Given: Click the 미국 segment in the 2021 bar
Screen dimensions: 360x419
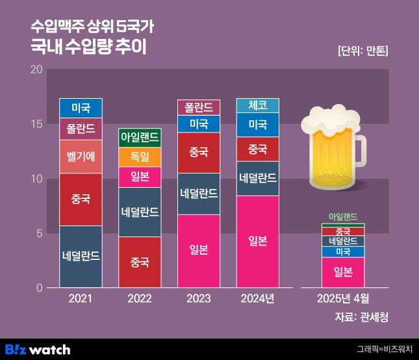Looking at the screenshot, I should pos(81,108).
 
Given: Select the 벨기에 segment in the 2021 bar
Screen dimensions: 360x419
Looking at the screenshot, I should pos(81,157).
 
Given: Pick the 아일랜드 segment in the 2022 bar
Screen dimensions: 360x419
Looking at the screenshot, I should pos(140,138).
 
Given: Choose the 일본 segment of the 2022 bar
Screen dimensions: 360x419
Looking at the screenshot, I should pos(140,177).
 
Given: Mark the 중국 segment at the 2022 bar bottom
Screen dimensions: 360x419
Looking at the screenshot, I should pos(140,263).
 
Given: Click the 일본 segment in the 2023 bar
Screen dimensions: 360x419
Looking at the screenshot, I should pos(199,250).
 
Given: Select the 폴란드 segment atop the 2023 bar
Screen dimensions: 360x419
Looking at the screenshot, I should pos(199,107).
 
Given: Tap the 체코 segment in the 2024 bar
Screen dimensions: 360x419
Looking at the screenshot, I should pos(258,105).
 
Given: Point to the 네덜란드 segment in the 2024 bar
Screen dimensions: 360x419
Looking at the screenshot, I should pos(258,178).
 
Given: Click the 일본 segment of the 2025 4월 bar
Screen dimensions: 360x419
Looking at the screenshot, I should pos(342,272).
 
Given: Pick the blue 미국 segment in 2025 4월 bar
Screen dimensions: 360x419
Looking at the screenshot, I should pos(342,252).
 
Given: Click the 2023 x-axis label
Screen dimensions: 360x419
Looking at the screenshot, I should pos(199,299).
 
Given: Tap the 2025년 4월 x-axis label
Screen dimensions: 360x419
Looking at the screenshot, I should pos(342,299).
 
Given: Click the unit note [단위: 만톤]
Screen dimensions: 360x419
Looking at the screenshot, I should pos(366,51).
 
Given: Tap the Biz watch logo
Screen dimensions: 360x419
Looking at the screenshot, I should pos(37,349).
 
